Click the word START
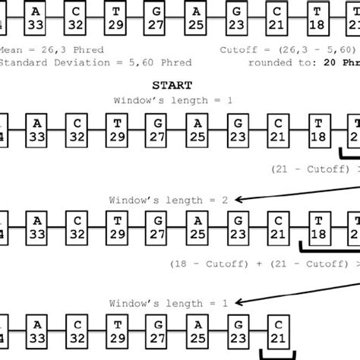tap(172, 85)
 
